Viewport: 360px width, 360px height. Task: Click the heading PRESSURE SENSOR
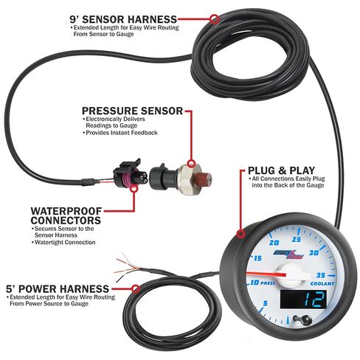pyautogui.click(x=132, y=111)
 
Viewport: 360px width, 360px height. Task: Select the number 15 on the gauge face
pyautogui.click(x=257, y=258)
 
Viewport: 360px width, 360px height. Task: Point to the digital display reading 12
pyautogui.click(x=304, y=300)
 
